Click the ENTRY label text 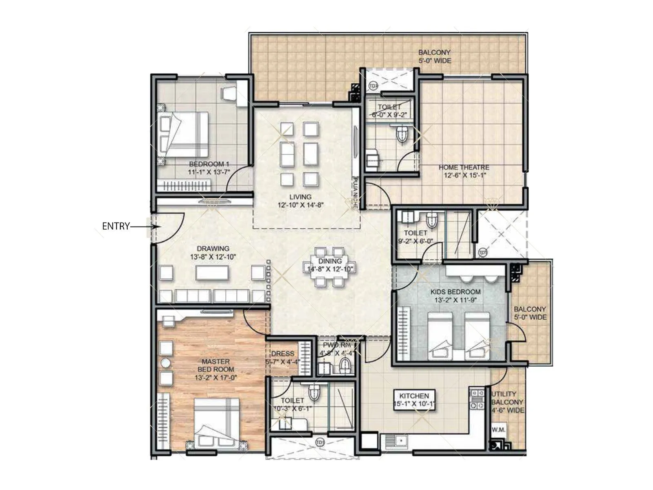click(x=115, y=226)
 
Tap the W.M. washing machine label click(x=498, y=430)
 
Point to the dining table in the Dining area click(x=330, y=267)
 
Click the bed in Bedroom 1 click(x=184, y=134)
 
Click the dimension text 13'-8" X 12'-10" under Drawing click(x=213, y=257)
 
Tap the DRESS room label click(x=282, y=354)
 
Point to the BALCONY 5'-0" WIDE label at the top click(x=434, y=56)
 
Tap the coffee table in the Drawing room click(x=211, y=273)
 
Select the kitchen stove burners click(x=476, y=400)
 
